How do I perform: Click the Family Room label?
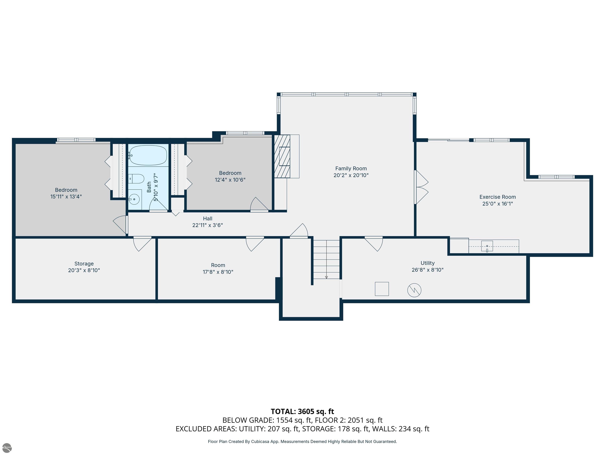pos(351,168)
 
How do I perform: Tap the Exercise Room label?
pos(497,197)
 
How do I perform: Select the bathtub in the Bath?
pos(148,155)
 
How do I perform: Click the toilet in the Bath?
pos(136,179)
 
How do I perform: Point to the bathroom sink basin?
pos(134,199)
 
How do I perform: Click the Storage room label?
pos(84,263)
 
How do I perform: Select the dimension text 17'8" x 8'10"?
pos(218,272)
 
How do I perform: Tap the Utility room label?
pos(428,263)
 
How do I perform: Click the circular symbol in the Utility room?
pos(414,290)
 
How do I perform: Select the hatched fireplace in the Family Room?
pos(282,156)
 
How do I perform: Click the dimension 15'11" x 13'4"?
pos(66,196)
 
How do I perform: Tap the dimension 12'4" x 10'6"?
pos(230,180)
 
